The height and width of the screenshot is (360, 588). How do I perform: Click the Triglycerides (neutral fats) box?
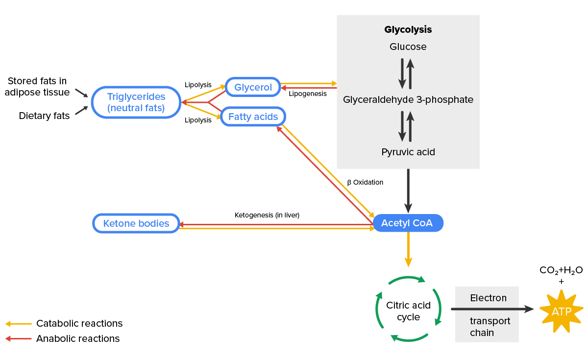(136, 102)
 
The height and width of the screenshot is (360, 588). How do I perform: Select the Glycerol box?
(253, 87)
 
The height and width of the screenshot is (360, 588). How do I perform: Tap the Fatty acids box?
(253, 117)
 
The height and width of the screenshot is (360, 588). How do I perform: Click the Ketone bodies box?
(136, 224)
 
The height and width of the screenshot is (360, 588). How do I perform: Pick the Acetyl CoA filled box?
(407, 223)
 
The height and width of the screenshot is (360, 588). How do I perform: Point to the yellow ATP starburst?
(561, 312)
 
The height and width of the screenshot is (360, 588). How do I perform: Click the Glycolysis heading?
(408, 29)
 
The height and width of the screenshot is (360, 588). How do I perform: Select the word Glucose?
(408, 47)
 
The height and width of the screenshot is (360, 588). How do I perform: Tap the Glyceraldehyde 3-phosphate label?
(408, 100)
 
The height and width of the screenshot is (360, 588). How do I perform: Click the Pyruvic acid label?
(408, 152)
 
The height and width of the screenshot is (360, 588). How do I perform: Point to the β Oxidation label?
(365, 182)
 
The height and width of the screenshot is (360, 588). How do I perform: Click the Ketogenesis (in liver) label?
(267, 215)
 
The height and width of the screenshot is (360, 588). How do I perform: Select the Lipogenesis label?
(307, 94)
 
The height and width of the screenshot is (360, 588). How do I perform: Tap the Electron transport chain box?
(487, 314)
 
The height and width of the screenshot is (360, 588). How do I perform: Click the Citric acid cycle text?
(408, 311)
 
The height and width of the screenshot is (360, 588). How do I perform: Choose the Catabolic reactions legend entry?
(79, 324)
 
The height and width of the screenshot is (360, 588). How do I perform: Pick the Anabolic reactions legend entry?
(77, 339)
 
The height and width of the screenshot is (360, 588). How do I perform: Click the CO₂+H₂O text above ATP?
(561, 270)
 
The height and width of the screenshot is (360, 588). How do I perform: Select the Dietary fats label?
(44, 116)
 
